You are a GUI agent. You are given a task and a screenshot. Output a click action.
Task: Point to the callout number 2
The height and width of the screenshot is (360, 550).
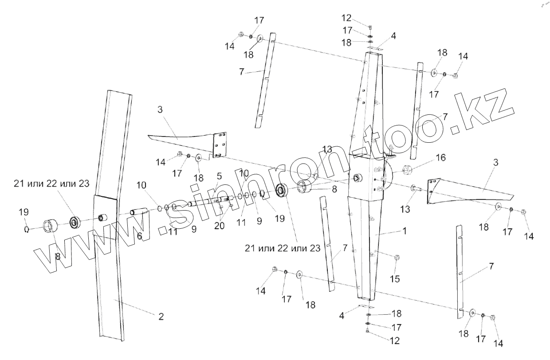(x=161, y=316)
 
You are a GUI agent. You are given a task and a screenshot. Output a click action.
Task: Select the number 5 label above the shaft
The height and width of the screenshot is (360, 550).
(x=219, y=176)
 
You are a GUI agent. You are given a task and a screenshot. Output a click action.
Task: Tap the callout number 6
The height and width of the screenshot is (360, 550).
(x=139, y=236)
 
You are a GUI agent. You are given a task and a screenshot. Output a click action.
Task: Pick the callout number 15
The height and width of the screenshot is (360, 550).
(x=394, y=278)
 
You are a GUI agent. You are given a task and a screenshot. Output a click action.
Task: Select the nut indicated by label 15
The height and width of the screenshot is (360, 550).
(x=397, y=257)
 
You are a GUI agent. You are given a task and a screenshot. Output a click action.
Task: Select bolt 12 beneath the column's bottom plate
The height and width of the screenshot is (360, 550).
(x=367, y=332)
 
